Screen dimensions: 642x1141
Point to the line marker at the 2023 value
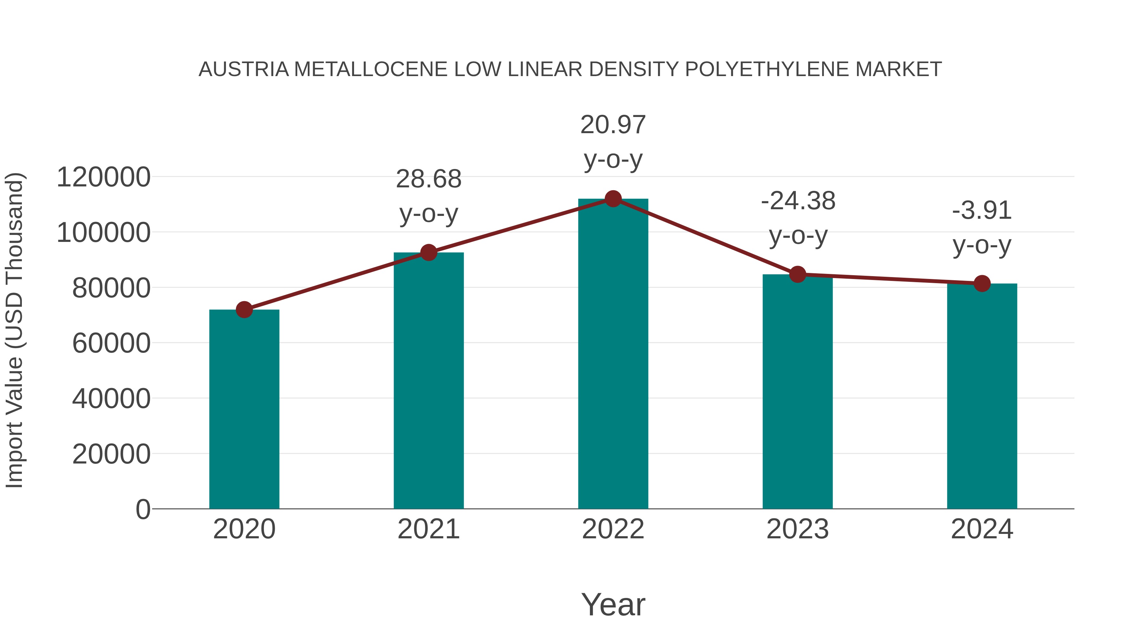click(798, 275)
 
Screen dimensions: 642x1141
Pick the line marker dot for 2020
click(244, 310)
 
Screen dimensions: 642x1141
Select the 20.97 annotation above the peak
click(613, 125)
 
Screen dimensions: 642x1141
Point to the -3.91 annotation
click(982, 211)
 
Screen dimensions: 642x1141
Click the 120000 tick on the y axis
click(104, 177)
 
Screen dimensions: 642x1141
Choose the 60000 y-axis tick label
click(111, 343)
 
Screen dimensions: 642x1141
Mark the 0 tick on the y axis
click(143, 509)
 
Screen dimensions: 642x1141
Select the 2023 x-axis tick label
click(798, 529)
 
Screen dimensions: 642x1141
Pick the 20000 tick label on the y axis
click(111, 454)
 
